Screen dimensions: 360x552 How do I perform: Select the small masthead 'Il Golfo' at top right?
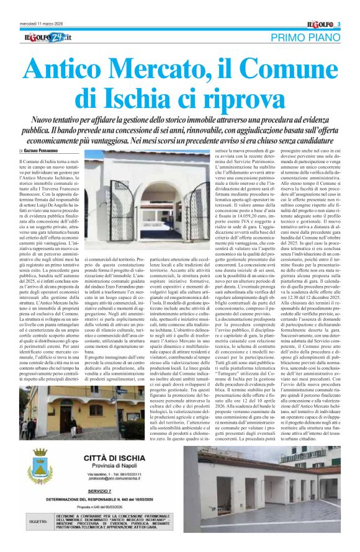[320, 24]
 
